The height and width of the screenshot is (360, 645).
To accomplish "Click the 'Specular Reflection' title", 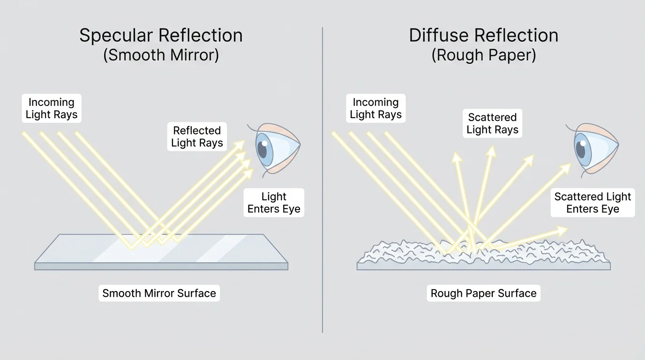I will pyautogui.click(x=161, y=36).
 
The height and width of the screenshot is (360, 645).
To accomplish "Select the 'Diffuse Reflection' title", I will pyautogui.click(x=483, y=36).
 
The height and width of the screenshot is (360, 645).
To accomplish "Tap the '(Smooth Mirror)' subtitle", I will pyautogui.click(x=161, y=55).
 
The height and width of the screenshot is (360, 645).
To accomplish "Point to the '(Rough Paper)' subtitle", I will pyautogui.click(x=483, y=55).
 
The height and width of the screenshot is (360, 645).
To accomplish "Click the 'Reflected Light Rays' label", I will pyautogui.click(x=197, y=137).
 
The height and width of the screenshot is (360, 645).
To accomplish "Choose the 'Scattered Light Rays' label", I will pyautogui.click(x=492, y=123).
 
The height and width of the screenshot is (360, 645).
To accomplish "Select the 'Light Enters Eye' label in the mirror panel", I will pyautogui.click(x=274, y=202).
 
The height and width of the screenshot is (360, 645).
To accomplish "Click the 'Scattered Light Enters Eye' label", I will pyautogui.click(x=592, y=202).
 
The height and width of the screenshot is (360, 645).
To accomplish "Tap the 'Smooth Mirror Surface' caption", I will pyautogui.click(x=159, y=293).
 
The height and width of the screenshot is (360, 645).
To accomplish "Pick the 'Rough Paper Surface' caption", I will pyautogui.click(x=483, y=293).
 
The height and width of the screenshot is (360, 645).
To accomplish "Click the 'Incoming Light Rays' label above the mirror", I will pyautogui.click(x=52, y=108).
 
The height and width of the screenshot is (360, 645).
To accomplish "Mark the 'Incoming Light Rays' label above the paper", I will pyautogui.click(x=375, y=108).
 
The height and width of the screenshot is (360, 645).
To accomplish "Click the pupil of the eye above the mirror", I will pyautogui.click(x=262, y=150).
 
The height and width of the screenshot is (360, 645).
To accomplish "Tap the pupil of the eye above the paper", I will pyautogui.click(x=581, y=150).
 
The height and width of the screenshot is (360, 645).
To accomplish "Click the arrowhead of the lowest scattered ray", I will pyautogui.click(x=563, y=229).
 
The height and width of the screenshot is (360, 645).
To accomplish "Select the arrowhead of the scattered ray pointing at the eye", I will pyautogui.click(x=566, y=167).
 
